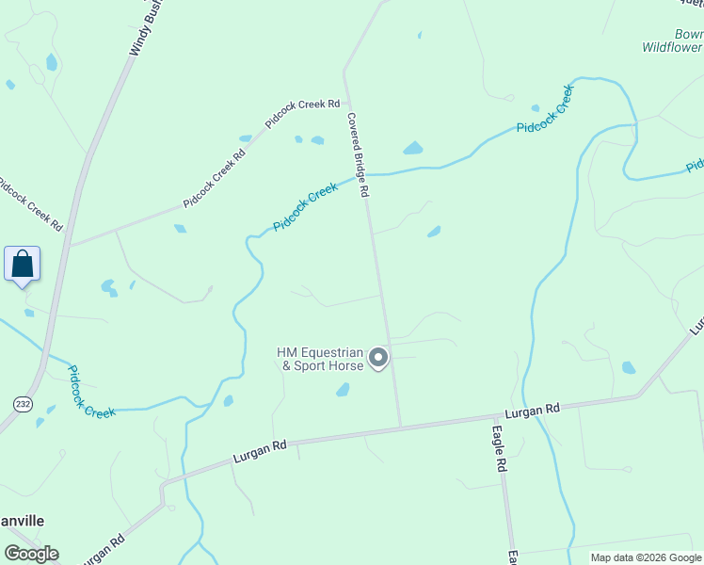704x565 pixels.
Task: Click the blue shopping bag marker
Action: pos(22,264)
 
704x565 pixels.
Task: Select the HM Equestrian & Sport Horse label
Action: pos(319,359)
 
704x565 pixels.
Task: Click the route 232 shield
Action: pos(23,403)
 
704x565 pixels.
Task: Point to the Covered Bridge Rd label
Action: pos(358,155)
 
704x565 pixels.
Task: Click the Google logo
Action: pos(31,554)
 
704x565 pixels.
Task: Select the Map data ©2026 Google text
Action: pos(646,557)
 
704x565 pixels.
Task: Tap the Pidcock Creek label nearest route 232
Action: pos(91,392)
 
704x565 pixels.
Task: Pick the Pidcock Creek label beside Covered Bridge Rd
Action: pos(305,208)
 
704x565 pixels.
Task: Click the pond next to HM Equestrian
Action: pos(343,389)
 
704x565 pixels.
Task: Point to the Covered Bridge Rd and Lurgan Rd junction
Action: pos(401,427)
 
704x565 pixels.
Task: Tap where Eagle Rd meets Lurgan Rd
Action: pos(498,415)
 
